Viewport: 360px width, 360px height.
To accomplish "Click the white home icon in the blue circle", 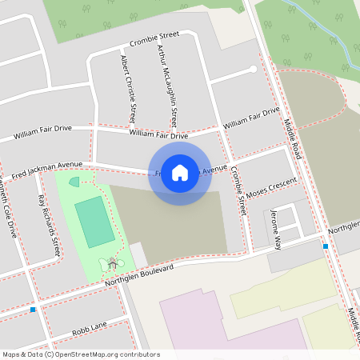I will pos(180,173).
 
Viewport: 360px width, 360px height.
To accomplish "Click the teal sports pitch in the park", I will pos(94,222).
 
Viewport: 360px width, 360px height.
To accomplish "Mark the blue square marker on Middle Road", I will pos(325,246).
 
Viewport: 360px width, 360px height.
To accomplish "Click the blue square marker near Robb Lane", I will pos(33,309).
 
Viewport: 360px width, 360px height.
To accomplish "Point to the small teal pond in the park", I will pos(74,182).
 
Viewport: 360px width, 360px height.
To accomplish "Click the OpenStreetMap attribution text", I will pos(81,354).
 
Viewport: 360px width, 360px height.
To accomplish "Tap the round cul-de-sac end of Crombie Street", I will pos(254,69).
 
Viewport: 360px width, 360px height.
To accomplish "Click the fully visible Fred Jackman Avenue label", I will pos(47,170).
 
